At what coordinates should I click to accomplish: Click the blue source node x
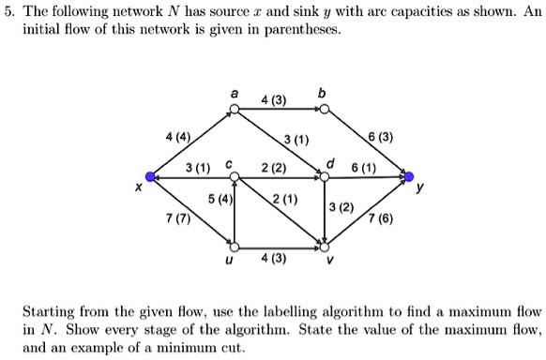pyautogui.click(x=148, y=174)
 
